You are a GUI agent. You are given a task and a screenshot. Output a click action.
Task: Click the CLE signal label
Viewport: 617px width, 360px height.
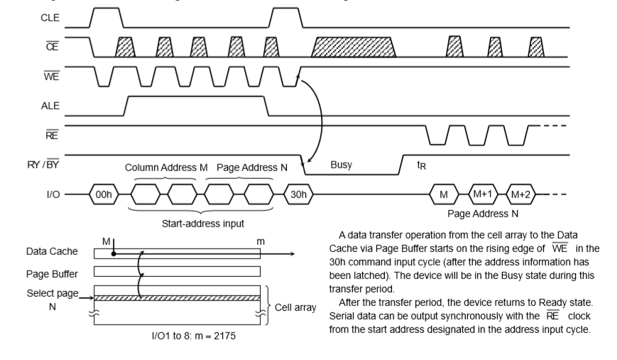coord(50,18)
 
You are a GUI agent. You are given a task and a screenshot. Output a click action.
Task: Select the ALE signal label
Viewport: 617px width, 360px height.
coord(50,105)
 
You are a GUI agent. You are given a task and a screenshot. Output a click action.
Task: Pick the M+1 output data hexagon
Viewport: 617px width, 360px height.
coord(483,193)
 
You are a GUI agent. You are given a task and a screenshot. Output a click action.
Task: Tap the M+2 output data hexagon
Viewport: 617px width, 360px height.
coord(521,193)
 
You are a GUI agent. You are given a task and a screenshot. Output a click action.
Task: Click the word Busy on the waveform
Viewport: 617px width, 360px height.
coord(342,164)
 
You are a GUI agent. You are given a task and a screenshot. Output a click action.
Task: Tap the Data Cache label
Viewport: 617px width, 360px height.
coord(52,252)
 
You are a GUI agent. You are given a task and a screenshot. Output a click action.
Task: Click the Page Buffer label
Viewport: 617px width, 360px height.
coord(52,273)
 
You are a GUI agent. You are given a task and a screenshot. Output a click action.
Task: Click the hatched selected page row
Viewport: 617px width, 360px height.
coord(178,298)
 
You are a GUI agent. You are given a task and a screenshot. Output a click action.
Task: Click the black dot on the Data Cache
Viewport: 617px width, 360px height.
coord(113,253)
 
